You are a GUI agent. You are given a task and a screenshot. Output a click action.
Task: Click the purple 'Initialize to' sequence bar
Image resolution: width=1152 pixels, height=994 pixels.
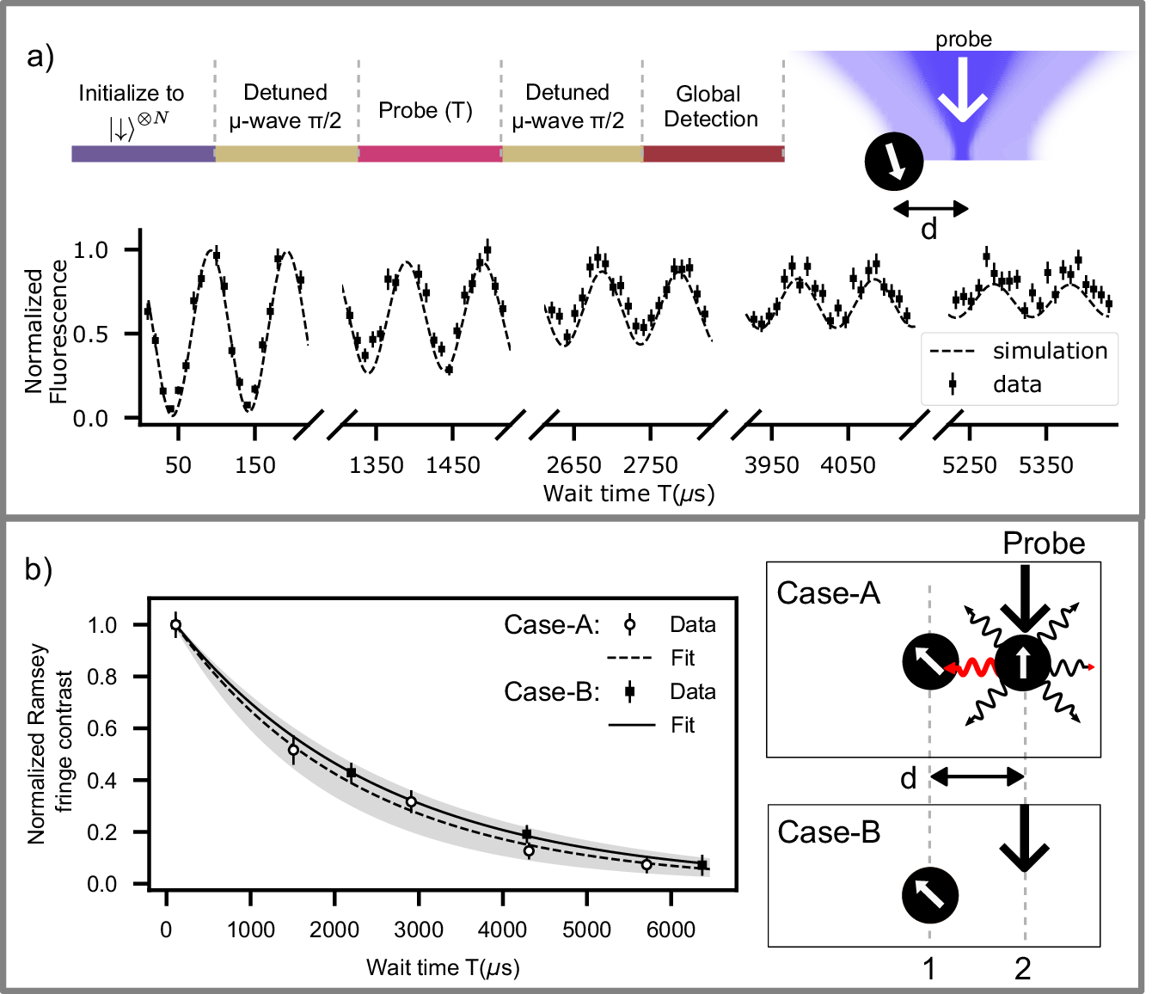[143, 154]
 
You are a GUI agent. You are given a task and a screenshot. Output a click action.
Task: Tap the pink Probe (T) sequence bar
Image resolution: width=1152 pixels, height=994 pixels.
[430, 154]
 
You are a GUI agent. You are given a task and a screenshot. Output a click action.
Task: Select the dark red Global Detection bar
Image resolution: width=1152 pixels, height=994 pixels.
[714, 154]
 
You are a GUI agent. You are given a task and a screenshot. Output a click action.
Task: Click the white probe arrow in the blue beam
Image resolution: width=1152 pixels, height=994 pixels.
[963, 89]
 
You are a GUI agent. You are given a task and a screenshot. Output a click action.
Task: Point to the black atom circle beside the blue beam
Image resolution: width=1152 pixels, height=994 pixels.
[894, 161]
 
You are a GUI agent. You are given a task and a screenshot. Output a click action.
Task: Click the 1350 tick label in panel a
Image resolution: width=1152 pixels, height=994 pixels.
[376, 465]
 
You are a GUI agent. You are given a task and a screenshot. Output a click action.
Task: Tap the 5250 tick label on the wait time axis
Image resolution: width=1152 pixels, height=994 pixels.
[969, 465]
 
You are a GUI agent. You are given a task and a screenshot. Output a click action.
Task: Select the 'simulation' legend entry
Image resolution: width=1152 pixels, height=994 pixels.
[1049, 351]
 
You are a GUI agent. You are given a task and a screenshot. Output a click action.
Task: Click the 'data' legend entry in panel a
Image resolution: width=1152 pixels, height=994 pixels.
[1016, 384]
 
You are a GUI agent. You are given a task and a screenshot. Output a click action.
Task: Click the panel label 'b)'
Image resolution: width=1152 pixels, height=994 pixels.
[40, 568]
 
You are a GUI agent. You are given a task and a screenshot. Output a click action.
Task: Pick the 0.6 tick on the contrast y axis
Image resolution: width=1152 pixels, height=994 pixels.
[102, 728]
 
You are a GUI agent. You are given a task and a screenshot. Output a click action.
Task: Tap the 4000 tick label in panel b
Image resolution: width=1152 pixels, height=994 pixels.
[502, 930]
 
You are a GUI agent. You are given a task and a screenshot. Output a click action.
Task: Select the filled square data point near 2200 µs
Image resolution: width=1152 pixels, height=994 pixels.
[351, 773]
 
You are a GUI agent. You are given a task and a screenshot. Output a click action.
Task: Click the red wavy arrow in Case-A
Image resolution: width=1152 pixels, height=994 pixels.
[970, 667]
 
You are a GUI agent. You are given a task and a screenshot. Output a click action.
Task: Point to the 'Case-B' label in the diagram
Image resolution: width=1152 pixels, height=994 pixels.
[828, 832]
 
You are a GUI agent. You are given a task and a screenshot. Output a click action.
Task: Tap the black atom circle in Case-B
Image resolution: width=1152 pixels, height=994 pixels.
[930, 895]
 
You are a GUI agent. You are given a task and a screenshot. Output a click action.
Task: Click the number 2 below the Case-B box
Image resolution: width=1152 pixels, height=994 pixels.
[1022, 969]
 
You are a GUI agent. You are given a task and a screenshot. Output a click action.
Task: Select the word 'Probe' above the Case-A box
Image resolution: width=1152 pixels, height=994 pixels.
[1044, 543]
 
